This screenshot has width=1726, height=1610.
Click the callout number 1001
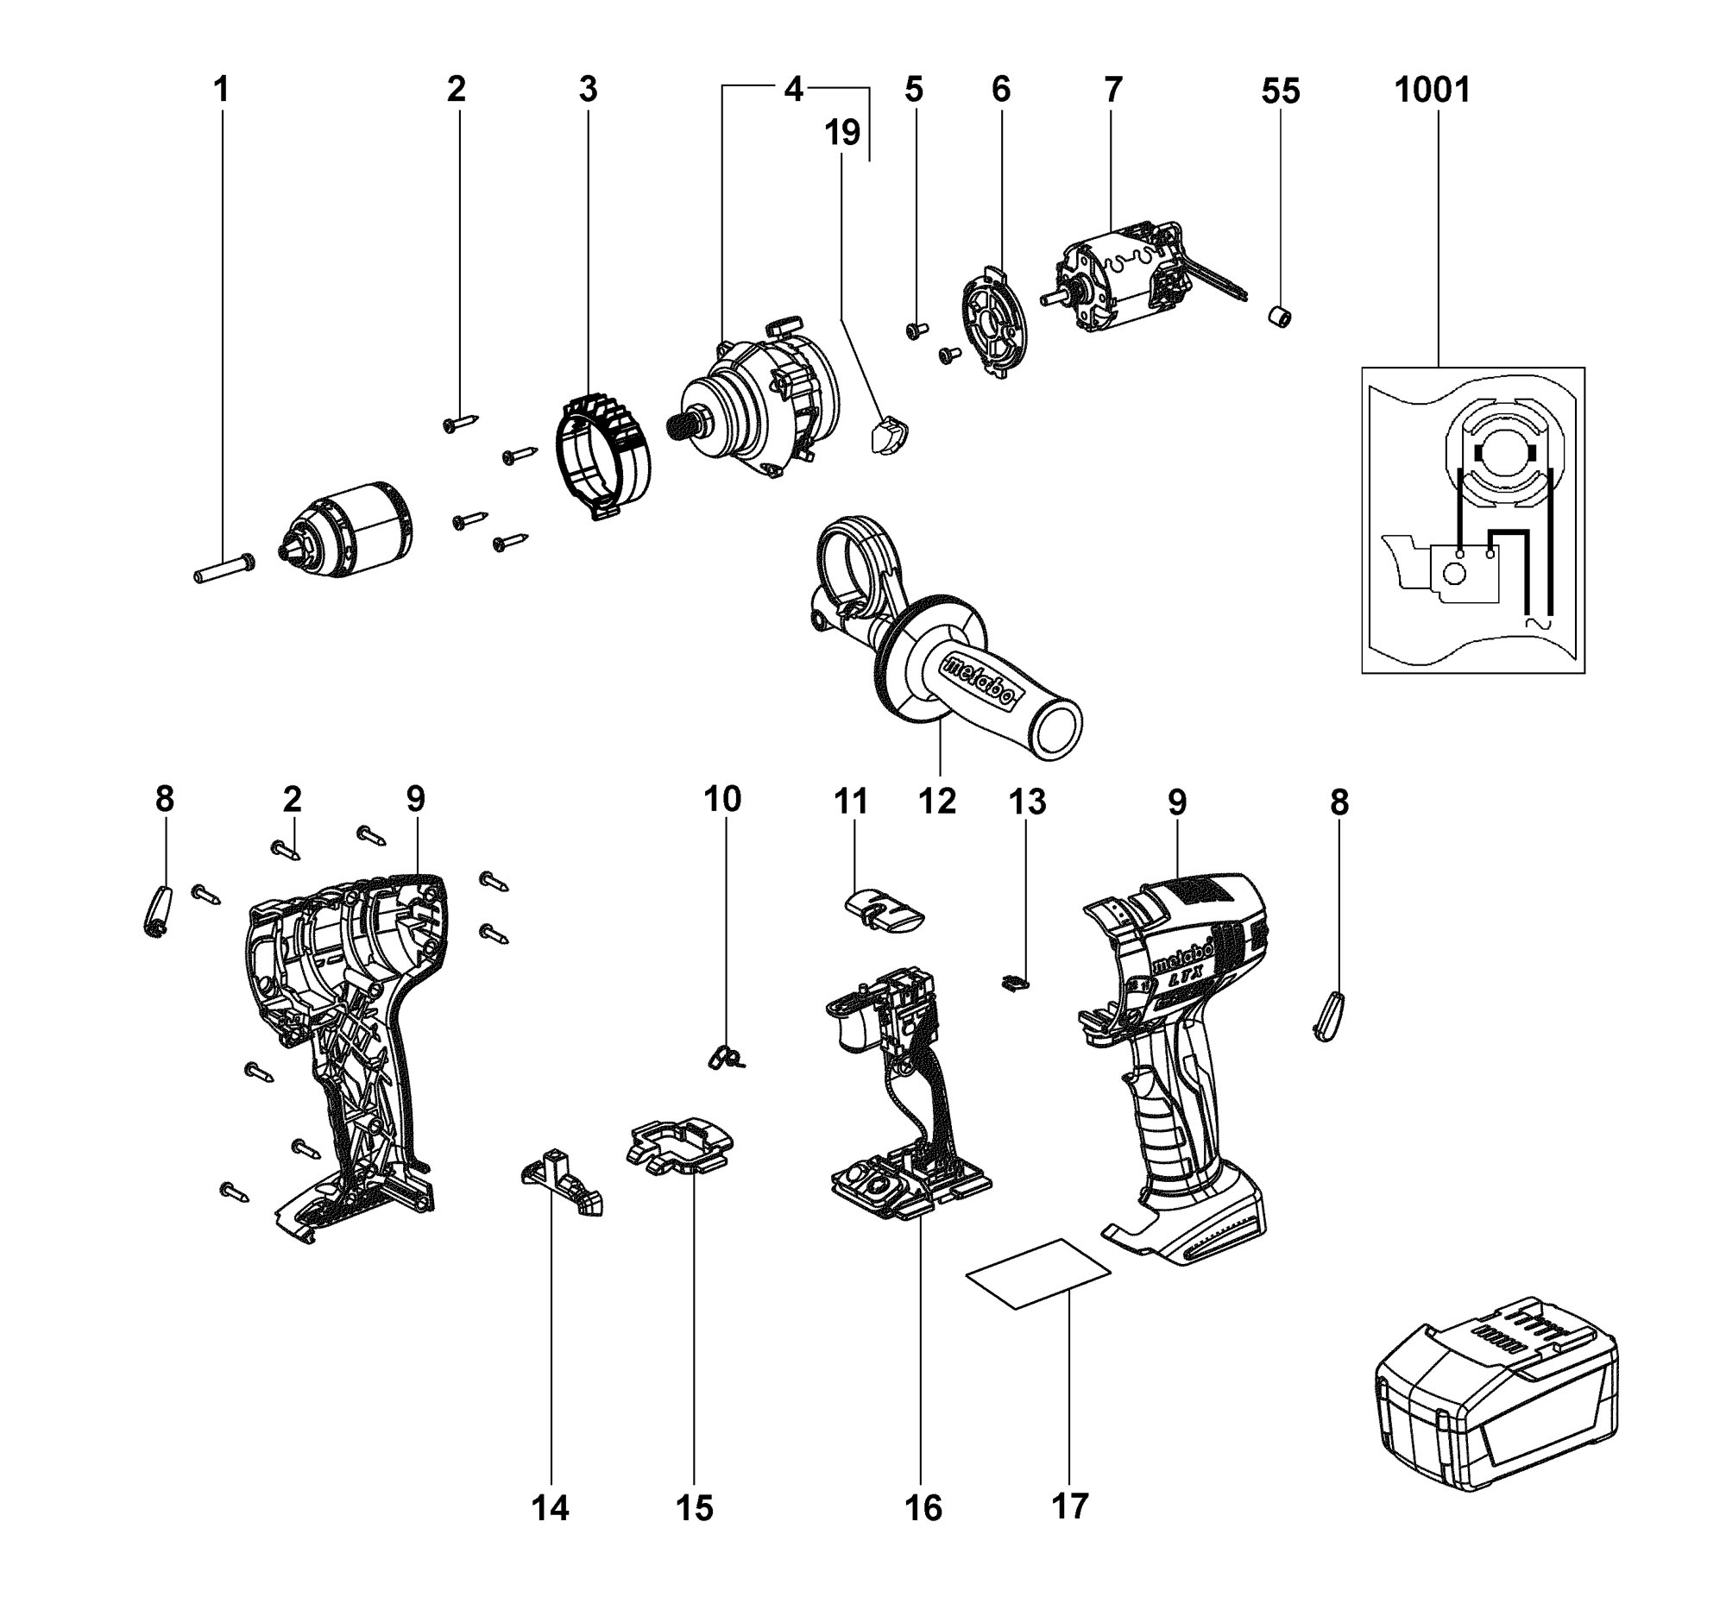click(1433, 90)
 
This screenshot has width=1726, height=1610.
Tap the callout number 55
click(1281, 91)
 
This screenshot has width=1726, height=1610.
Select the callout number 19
click(842, 133)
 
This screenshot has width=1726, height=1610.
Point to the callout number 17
click(1069, 1506)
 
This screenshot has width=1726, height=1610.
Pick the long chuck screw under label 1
click(224, 569)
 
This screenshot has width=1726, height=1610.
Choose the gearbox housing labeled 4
click(755, 399)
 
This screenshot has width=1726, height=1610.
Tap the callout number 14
click(551, 1508)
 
